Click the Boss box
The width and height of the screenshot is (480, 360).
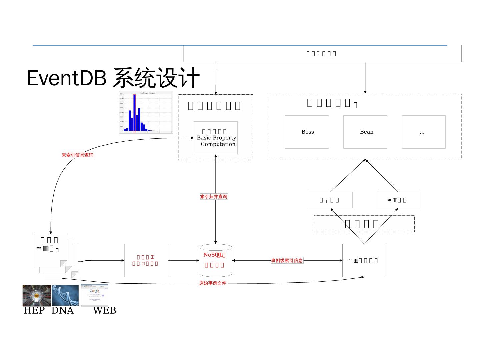click(x=307, y=132)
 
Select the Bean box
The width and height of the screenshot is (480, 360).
click(x=365, y=132)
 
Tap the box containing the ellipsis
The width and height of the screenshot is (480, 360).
click(x=423, y=132)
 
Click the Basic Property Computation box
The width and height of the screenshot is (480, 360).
click(x=216, y=138)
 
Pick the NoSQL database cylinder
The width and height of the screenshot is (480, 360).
click(x=216, y=261)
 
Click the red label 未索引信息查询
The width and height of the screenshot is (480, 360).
click(x=78, y=155)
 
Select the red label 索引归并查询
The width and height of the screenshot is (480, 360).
click(x=214, y=197)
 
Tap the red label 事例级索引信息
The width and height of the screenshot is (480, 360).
click(x=287, y=261)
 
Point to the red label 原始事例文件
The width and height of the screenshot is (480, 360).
click(x=213, y=283)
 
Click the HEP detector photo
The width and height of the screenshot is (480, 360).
click(x=37, y=295)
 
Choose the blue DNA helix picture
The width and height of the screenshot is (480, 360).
click(x=65, y=295)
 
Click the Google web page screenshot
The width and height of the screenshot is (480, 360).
click(x=94, y=295)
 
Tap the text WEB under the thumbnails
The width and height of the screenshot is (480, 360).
click(x=105, y=311)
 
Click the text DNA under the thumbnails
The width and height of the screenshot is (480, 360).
click(x=63, y=311)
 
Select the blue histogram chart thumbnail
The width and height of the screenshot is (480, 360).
click(x=146, y=112)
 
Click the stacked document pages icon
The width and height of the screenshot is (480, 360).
click(x=53, y=255)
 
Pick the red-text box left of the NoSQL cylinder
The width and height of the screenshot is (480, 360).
click(x=146, y=261)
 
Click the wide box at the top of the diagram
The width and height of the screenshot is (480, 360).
click(x=322, y=54)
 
